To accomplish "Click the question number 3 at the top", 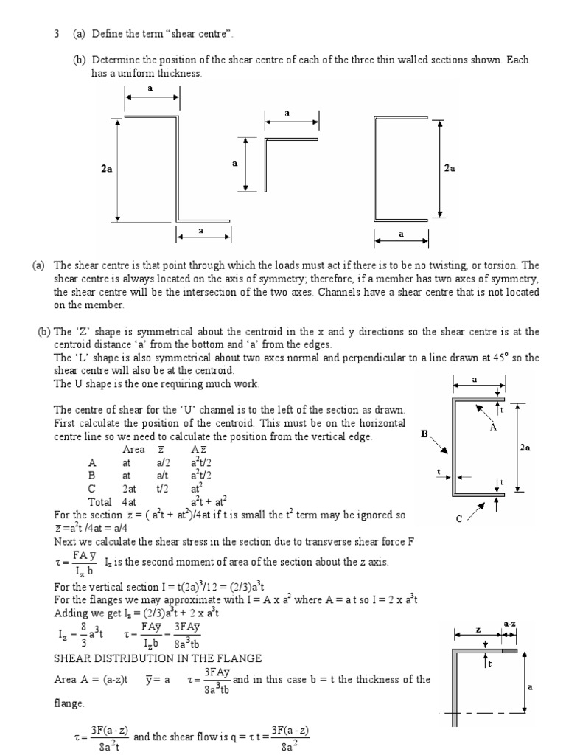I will click(x=56, y=34).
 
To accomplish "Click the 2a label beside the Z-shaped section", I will click(x=107, y=169).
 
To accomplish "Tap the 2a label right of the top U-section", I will click(x=450, y=168).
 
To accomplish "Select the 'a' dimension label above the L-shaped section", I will click(x=287, y=113).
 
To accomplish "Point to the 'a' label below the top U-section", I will click(x=402, y=234).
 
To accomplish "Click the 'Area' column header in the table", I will click(x=133, y=450).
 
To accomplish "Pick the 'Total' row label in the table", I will click(x=100, y=502).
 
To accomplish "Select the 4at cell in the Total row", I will click(x=130, y=502).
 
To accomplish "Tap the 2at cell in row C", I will click(x=130, y=489).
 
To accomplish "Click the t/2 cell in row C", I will click(x=163, y=489).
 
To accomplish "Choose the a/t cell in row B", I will click(x=163, y=476).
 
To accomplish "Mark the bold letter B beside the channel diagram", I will click(x=424, y=434).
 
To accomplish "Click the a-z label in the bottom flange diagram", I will click(x=509, y=624).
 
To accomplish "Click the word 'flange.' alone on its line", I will click(x=70, y=703).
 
